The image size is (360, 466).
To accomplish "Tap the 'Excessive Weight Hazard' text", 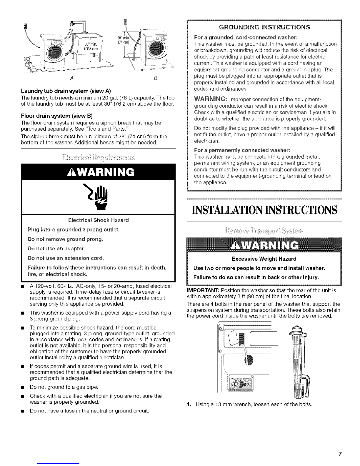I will tap(264, 259).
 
